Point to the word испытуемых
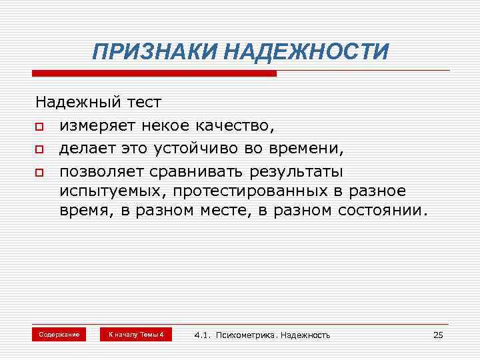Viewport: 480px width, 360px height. pyautogui.click(x=112, y=191)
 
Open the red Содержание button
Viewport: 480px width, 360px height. pyautogui.click(x=59, y=334)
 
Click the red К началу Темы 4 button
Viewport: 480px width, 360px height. pyautogui.click(x=135, y=334)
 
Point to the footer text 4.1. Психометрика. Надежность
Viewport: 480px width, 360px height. pyautogui.click(x=262, y=335)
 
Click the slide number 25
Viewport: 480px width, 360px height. pyautogui.click(x=438, y=335)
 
